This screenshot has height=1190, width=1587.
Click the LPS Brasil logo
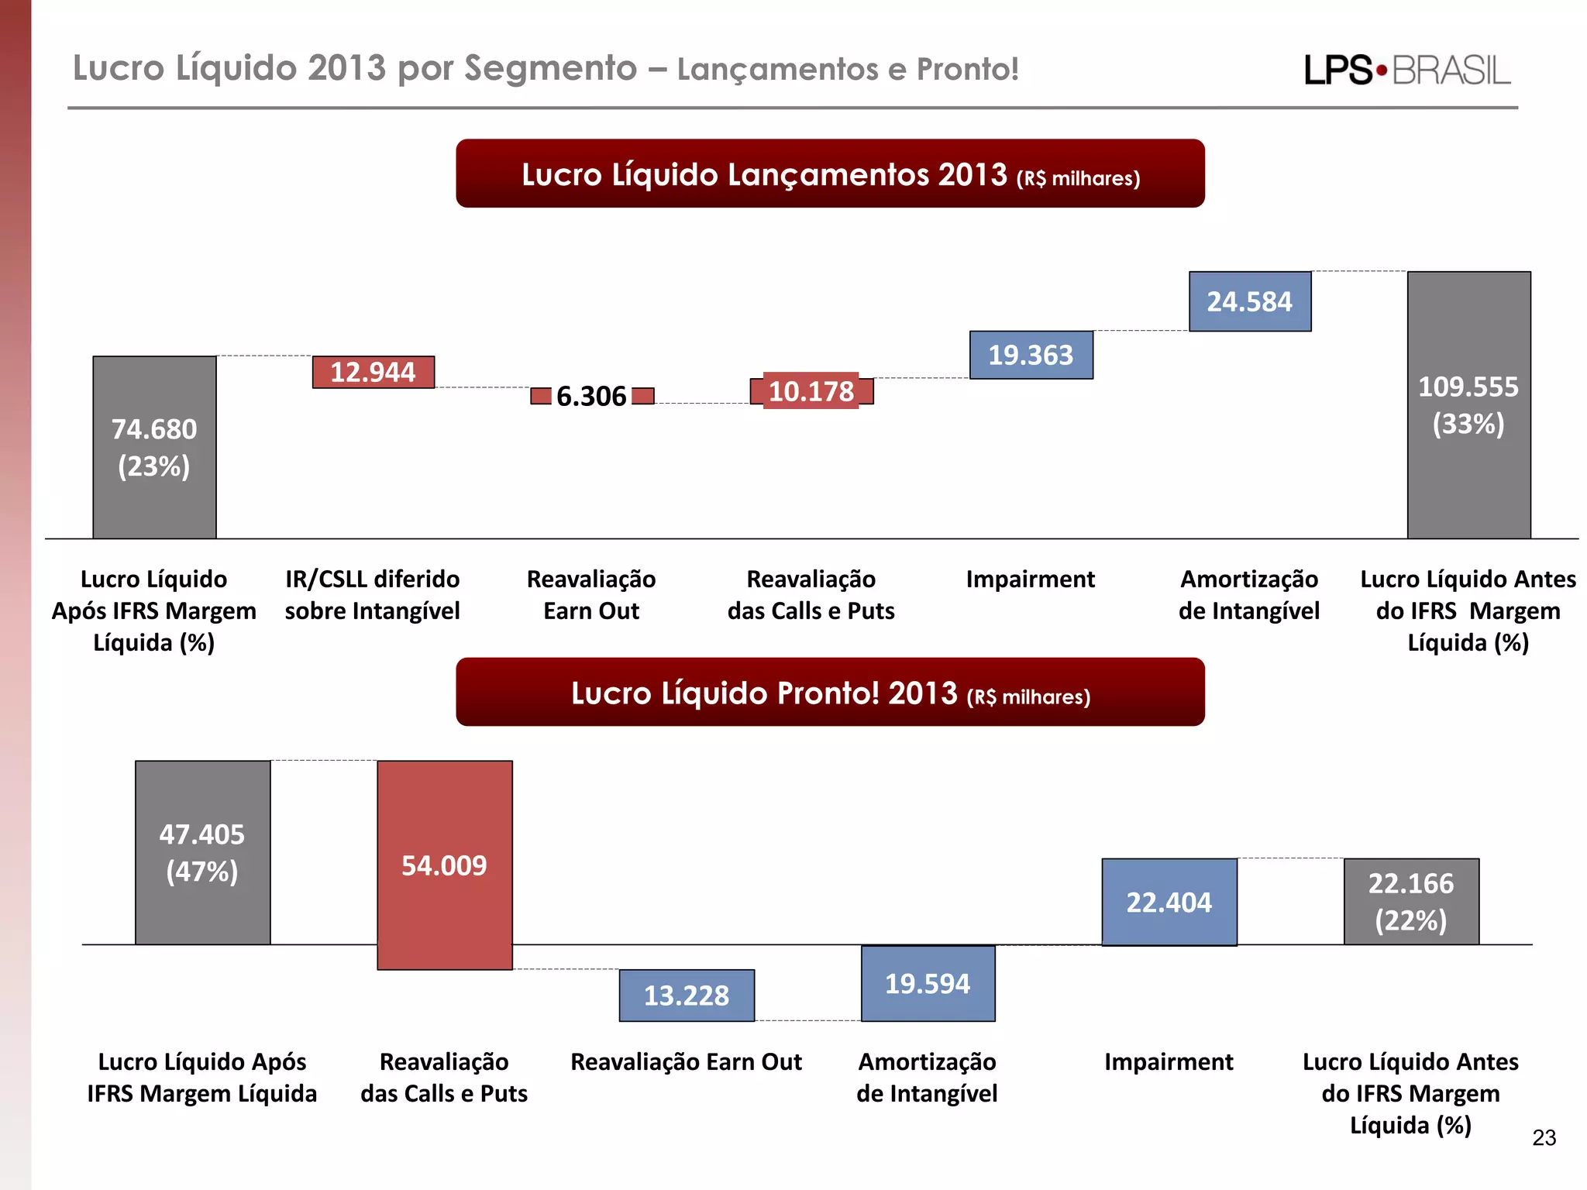1407,70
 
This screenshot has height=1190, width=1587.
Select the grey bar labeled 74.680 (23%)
154,447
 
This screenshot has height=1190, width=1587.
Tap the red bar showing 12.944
373,372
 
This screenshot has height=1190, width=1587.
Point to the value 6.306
591,397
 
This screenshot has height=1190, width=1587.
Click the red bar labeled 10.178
811,391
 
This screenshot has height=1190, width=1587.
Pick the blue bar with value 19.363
1031,355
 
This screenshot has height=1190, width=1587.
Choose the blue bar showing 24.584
1249,301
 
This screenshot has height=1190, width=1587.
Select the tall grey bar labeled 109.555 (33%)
1468,404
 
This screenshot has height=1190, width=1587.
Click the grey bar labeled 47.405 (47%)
202,852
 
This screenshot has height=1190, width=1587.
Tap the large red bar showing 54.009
444,865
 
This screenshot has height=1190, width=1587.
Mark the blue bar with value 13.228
686,996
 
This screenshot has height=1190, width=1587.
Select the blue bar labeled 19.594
928,984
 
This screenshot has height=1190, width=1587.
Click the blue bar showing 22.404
1169,903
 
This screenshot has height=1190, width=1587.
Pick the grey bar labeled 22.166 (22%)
1410,901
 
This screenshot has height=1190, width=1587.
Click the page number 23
1544,1137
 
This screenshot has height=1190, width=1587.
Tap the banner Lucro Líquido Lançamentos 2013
830,174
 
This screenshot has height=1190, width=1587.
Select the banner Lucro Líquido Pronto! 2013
830,692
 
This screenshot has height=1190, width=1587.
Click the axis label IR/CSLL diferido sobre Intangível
372,595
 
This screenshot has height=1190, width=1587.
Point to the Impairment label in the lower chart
1169,1061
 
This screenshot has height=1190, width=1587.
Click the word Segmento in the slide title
550,68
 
